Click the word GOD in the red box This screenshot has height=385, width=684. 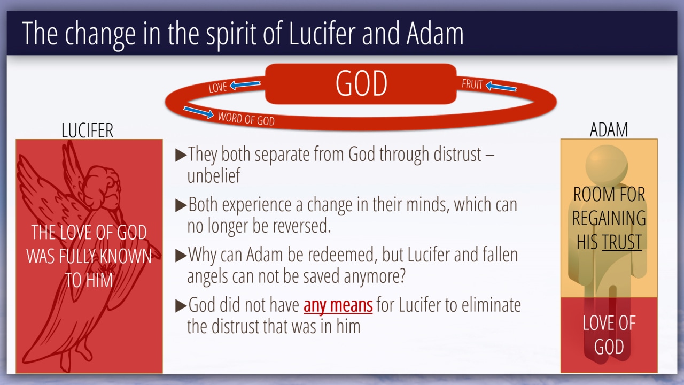pos(361,83)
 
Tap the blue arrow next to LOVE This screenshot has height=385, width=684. pos(245,84)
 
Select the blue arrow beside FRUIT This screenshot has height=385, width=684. pos(501,87)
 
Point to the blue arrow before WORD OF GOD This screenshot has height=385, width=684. pos(198,112)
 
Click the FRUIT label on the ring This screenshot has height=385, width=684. pos(472,84)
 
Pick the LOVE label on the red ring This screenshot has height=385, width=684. pos(218,88)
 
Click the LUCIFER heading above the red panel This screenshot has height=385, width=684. pos(87,130)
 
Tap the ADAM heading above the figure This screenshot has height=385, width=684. pos(609,130)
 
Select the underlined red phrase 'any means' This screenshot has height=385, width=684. pos(338,305)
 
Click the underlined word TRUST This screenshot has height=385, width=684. pos(621,242)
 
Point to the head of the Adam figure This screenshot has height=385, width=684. pos(607,165)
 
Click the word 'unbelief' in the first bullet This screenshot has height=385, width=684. pos(214,175)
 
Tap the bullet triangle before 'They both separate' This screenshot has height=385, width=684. pos(181,155)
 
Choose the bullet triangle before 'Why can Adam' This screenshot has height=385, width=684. pos(181,256)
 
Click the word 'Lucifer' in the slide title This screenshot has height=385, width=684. pos(322,34)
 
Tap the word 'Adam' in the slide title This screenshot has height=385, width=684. pos(435,34)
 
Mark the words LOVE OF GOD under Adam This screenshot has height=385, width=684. pos(609,335)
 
